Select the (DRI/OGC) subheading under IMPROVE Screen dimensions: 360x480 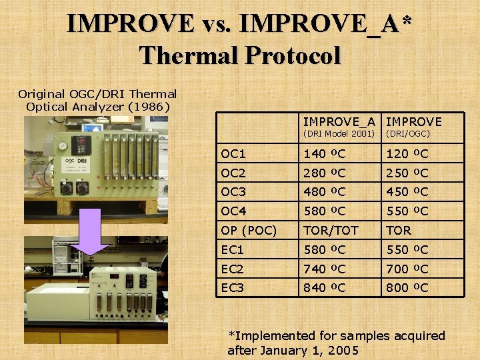(x=409, y=133)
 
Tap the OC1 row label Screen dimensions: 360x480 (x=234, y=154)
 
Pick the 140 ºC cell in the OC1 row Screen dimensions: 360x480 (x=325, y=154)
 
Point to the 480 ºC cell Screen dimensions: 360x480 (x=325, y=192)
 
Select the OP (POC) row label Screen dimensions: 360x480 (x=249, y=231)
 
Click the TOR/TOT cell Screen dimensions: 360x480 (x=331, y=231)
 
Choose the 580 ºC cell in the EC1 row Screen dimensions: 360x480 (x=325, y=250)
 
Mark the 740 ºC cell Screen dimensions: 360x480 (x=325, y=269)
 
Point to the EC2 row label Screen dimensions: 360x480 (x=234, y=269)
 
